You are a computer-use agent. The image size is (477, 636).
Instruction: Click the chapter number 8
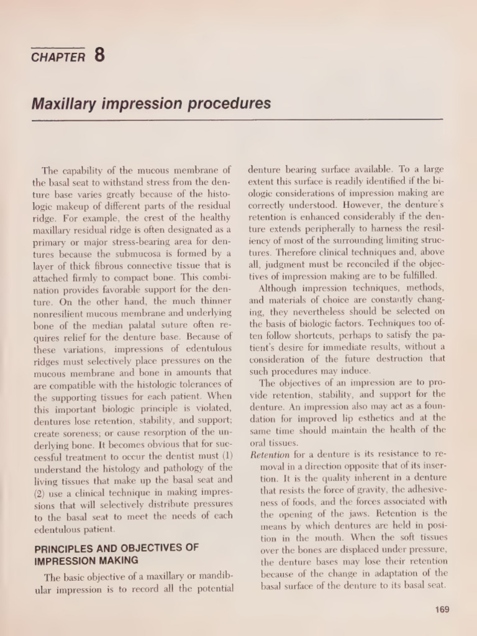coord(99,55)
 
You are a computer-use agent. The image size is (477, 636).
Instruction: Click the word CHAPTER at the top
coord(58,58)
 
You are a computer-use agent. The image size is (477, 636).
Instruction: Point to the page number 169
coord(442,609)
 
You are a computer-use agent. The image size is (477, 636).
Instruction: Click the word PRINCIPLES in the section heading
coord(61,548)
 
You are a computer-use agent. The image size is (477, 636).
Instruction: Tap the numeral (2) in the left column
coord(39,492)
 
